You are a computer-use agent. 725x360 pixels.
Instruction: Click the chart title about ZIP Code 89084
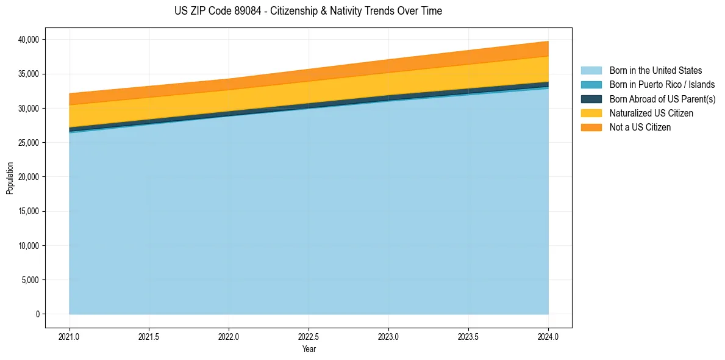tap(308, 11)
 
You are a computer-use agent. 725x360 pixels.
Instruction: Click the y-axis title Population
tap(10, 178)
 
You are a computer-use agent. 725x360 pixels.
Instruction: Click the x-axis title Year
tap(309, 349)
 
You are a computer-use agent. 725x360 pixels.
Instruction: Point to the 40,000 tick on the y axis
tap(29, 40)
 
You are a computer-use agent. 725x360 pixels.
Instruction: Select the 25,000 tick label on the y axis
tap(29, 143)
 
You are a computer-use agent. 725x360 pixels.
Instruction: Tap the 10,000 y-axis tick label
tap(29, 246)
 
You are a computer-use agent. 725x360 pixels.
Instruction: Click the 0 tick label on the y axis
tap(37, 314)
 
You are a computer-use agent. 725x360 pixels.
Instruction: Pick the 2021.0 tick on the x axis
tap(70, 336)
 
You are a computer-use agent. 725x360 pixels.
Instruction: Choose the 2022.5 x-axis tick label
tap(309, 336)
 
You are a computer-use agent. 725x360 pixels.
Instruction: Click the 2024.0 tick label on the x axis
tap(548, 336)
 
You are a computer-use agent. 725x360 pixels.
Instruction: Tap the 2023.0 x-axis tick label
tap(388, 336)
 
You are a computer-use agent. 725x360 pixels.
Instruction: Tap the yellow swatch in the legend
tap(591, 113)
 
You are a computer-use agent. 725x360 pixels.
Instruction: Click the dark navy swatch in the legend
tap(591, 99)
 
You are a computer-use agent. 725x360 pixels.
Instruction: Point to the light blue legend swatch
tap(591, 71)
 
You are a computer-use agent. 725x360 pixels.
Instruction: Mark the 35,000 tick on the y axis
tap(29, 74)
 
